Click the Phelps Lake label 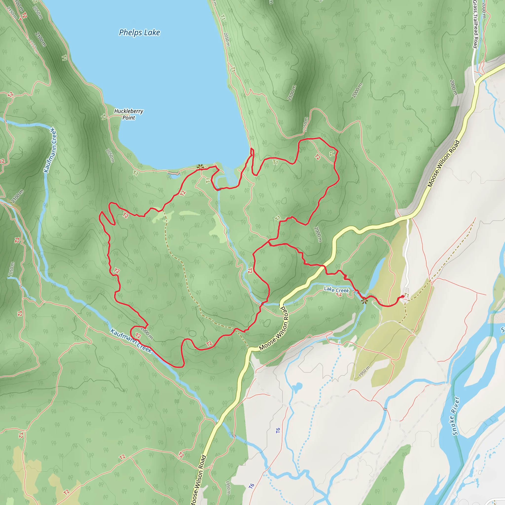(139, 33)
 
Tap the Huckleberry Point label (129, 114)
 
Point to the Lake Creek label (336, 290)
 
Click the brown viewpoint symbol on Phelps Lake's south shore (200, 166)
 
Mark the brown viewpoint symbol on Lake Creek (364, 301)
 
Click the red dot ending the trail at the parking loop (402, 296)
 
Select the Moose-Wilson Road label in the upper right (444, 164)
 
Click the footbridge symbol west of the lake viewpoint (174, 173)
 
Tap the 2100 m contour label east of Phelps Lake (292, 93)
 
